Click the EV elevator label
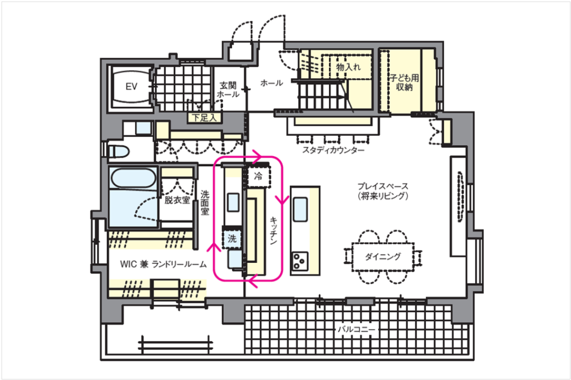132,86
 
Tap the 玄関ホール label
228,90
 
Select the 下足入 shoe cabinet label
204,118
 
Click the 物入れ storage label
349,67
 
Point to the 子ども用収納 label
405,83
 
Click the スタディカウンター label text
333,150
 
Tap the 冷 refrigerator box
258,177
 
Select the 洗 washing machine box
232,239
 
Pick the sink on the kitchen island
301,209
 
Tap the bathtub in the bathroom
133,179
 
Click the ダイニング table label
383,257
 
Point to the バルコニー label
356,330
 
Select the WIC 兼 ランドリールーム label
163,264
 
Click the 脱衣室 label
177,200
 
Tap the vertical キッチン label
274,230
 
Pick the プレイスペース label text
383,186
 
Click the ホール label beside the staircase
272,83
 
